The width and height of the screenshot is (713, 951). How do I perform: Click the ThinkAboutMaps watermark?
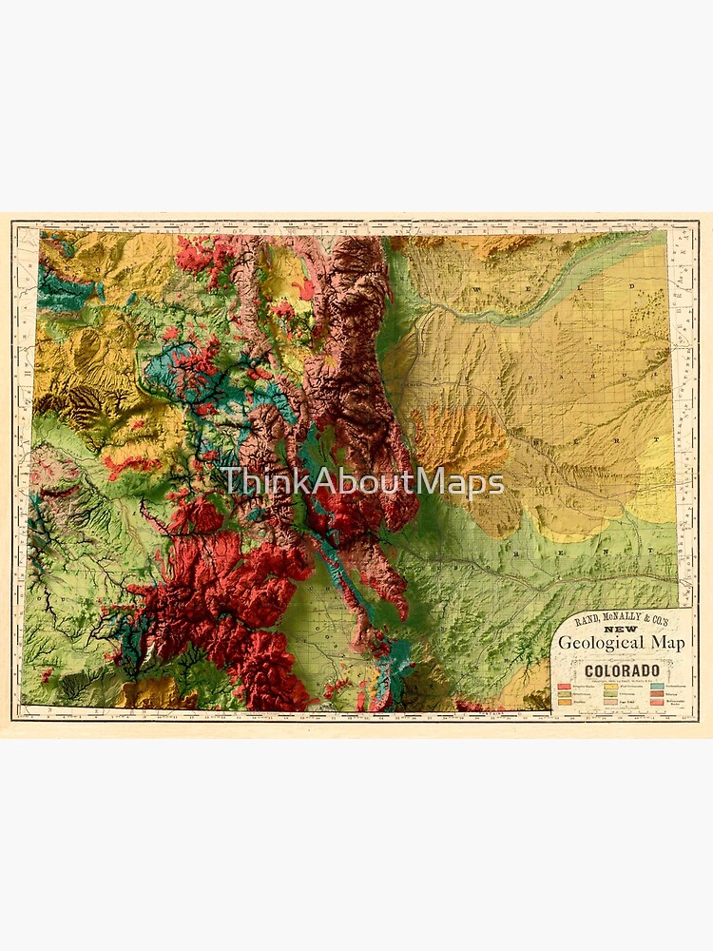pos(362,482)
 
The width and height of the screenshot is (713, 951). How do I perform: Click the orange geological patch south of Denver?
pos(447,439)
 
